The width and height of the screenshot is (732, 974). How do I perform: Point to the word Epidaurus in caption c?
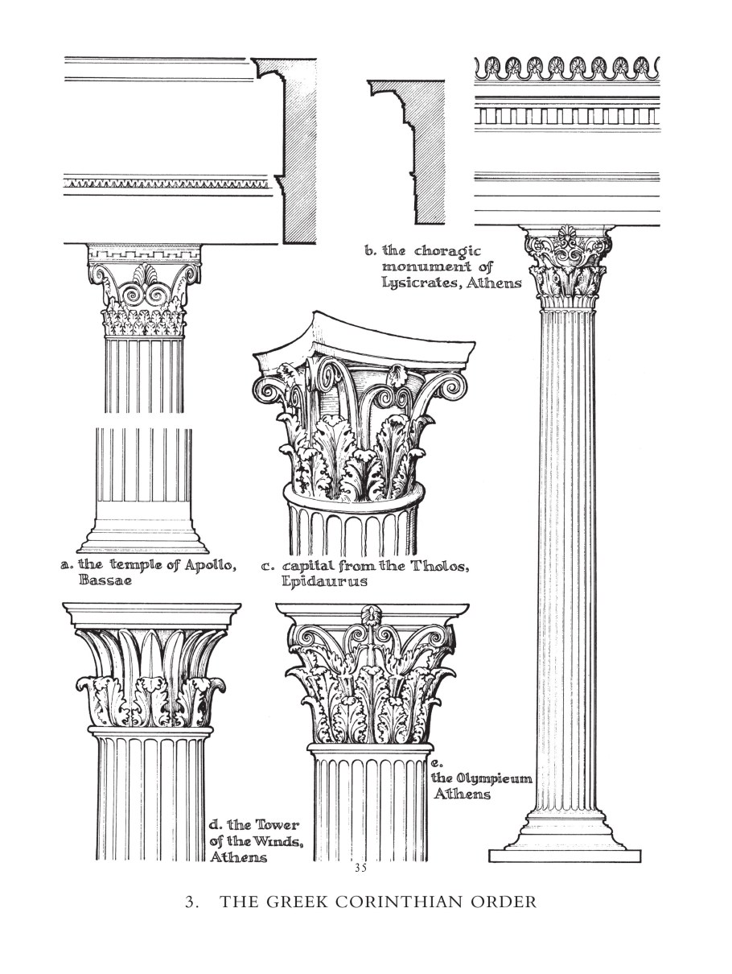tap(324, 581)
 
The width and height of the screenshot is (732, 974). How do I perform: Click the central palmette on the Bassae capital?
tap(145, 274)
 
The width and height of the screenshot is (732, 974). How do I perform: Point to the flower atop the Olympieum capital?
tap(368, 614)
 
